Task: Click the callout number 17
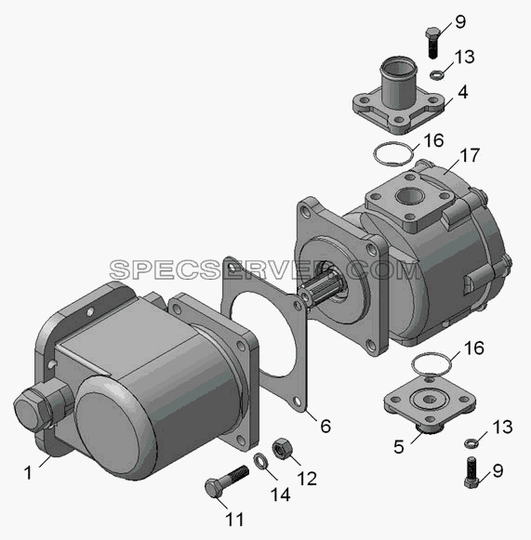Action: pyautogui.click(x=470, y=155)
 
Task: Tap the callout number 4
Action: pyautogui.click(x=463, y=92)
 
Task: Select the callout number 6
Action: pyautogui.click(x=325, y=426)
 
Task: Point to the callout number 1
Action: pyautogui.click(x=28, y=472)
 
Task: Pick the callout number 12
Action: pyautogui.click(x=307, y=479)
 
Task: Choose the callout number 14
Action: pyautogui.click(x=280, y=494)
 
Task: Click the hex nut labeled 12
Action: pyautogui.click(x=282, y=448)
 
